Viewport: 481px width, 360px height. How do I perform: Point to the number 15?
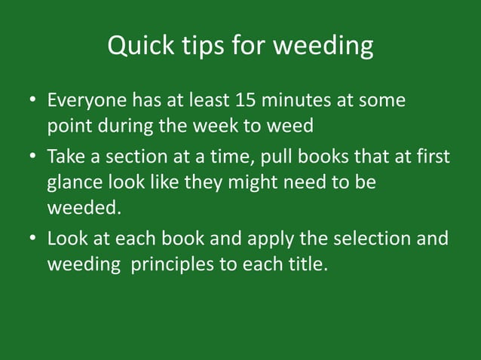(x=248, y=100)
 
